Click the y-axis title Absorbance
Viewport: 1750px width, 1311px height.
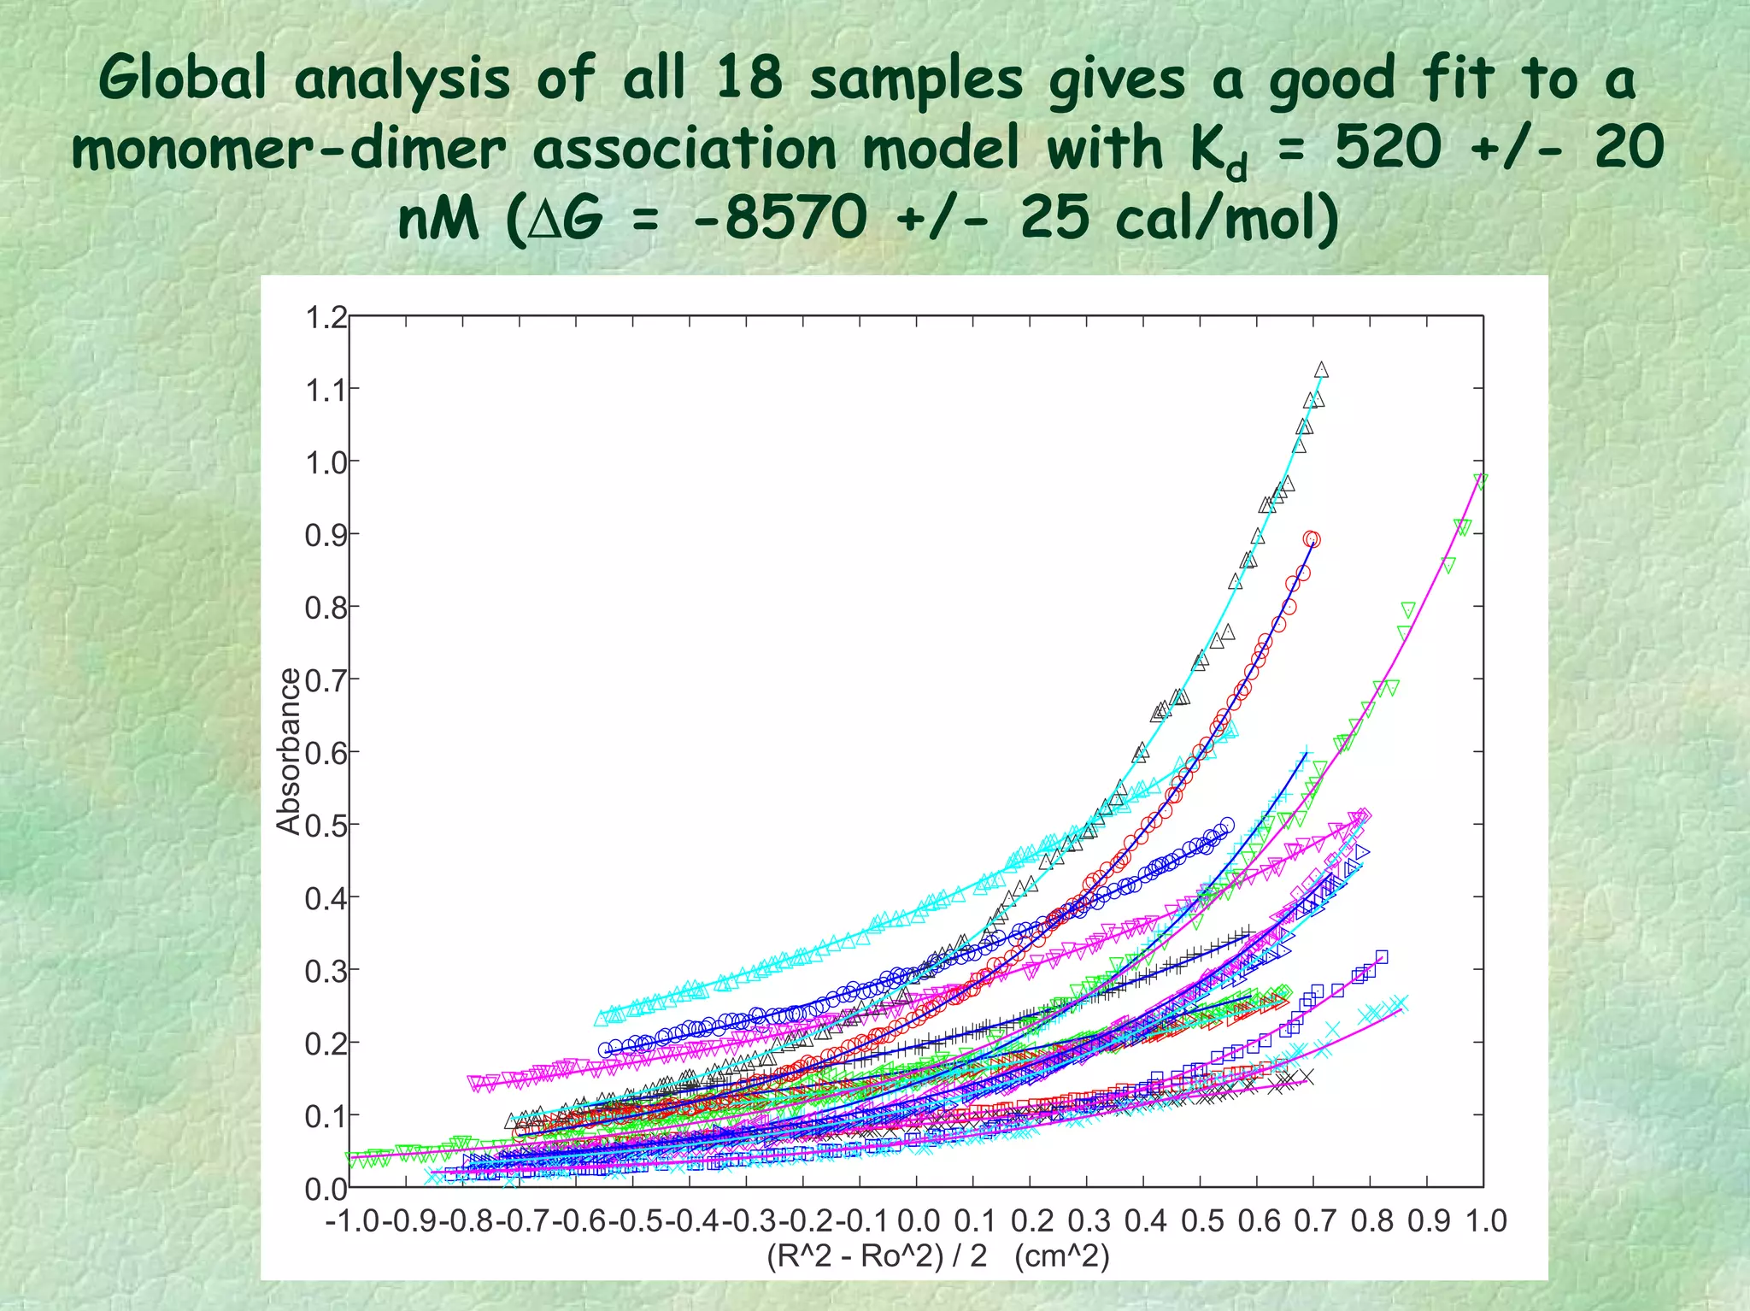[x=290, y=750]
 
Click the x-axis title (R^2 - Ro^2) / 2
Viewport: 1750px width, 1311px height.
[x=877, y=1256]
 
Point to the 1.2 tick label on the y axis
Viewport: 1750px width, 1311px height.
[x=326, y=318]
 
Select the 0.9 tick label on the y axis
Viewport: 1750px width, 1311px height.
[x=326, y=536]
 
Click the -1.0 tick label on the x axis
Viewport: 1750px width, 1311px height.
[x=353, y=1221]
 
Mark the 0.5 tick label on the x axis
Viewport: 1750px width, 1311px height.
[x=1202, y=1221]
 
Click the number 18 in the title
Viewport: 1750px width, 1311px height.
[x=749, y=79]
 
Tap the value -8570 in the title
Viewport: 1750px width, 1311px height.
[x=781, y=219]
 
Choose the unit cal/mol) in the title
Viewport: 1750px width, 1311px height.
[x=1227, y=219]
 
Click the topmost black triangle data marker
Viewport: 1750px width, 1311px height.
[x=1321, y=370]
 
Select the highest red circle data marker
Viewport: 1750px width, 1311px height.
[x=1312, y=539]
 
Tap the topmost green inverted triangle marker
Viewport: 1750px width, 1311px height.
[x=1480, y=480]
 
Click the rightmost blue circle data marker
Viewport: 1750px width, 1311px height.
[x=1227, y=825]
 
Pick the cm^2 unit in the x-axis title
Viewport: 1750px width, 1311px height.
[x=1062, y=1256]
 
